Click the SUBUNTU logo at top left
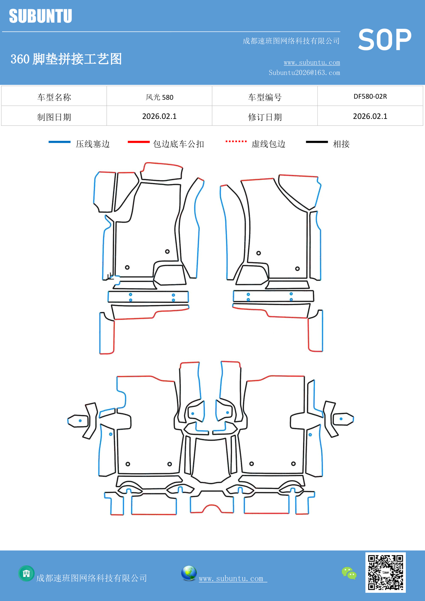[x=40, y=16]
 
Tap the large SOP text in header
[x=384, y=40]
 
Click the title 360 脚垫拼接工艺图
[x=66, y=59]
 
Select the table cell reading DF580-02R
[x=370, y=96]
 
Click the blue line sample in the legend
[x=60, y=142]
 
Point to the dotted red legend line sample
[x=236, y=141]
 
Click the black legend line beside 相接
[x=317, y=142]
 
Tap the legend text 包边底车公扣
[x=178, y=144]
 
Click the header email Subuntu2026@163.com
[x=304, y=73]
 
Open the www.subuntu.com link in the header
[x=312, y=62]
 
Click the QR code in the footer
[x=385, y=572]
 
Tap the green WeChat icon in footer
[x=349, y=573]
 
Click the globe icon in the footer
[x=189, y=573]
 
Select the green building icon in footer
[x=26, y=573]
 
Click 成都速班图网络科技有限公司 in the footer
[x=91, y=578]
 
